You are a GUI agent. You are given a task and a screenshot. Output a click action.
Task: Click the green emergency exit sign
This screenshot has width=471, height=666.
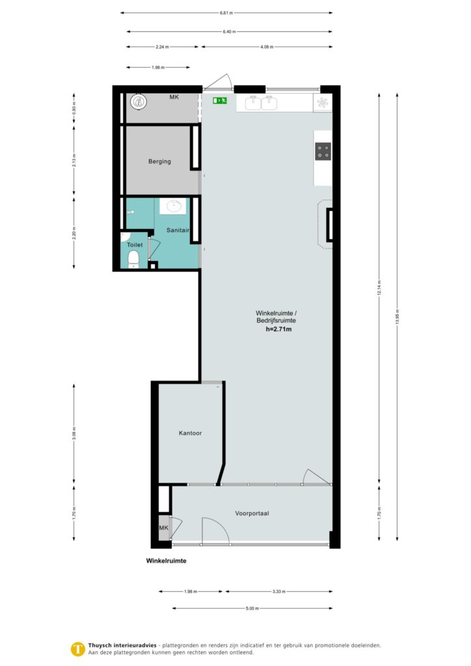coord(219,101)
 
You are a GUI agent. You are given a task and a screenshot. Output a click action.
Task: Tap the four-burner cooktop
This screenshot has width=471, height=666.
coord(323,152)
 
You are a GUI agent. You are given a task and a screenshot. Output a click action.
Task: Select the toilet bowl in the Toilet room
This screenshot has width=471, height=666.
coord(134,260)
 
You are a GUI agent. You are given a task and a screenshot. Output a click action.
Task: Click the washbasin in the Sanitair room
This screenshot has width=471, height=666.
coord(174,206)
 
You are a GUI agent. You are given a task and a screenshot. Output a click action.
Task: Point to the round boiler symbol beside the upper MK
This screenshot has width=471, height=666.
coord(137,101)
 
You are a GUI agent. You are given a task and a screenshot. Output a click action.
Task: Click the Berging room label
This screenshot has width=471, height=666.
coord(159,161)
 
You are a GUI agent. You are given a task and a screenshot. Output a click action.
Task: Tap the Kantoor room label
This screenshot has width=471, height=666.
coord(190,433)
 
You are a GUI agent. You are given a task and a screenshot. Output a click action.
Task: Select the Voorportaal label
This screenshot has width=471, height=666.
coord(252,513)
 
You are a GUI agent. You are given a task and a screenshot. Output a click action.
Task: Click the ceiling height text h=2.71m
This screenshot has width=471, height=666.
coord(278,330)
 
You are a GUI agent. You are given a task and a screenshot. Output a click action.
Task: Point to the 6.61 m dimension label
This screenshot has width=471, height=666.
coord(226,12)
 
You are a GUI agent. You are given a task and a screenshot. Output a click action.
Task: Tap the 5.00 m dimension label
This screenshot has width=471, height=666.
coord(252,609)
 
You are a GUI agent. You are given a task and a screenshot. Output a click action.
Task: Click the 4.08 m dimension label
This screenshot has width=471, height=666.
coord(267,47)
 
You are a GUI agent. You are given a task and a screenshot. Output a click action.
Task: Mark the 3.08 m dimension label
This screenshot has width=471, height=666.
coord(74,435)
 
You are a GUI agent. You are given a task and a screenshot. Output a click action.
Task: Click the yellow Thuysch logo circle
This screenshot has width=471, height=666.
coord(78,648)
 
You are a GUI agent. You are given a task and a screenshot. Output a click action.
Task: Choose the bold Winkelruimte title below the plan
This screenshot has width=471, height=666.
coord(166,560)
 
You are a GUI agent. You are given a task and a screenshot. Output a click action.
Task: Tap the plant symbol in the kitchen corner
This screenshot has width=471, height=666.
coord(323,101)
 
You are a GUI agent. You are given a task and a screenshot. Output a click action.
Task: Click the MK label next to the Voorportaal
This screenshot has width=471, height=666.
coord(163,527)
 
